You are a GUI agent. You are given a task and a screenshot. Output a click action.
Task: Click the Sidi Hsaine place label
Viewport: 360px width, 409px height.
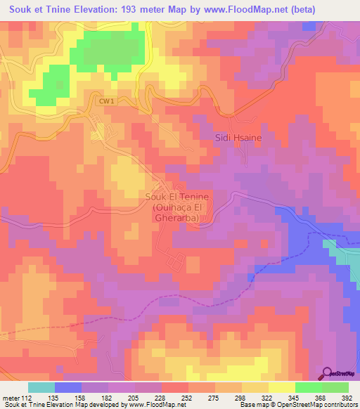click(238, 138)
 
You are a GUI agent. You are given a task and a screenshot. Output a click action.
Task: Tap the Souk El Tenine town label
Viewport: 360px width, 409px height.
click(176, 197)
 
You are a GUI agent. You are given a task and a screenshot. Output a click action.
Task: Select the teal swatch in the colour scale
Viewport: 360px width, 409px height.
click(41, 387)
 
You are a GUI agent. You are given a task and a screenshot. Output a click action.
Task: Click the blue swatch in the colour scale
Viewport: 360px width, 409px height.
click(67, 387)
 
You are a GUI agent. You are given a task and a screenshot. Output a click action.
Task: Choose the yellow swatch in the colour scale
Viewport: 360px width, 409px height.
click(281, 387)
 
